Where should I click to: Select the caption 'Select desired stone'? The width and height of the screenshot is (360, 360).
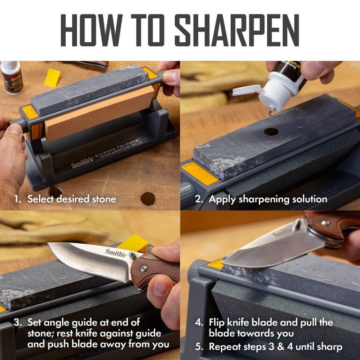(71, 199)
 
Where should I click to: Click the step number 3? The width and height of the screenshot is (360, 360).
(17, 322)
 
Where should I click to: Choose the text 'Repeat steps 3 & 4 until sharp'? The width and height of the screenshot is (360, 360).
(276, 347)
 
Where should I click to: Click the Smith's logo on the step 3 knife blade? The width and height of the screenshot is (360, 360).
(115, 254)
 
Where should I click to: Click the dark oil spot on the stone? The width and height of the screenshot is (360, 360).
(271, 131)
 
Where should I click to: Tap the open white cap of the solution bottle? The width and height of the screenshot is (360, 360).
(246, 90)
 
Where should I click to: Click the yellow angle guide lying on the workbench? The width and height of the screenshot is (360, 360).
(52, 78)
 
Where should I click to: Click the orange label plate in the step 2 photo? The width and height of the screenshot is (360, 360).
(199, 173)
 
